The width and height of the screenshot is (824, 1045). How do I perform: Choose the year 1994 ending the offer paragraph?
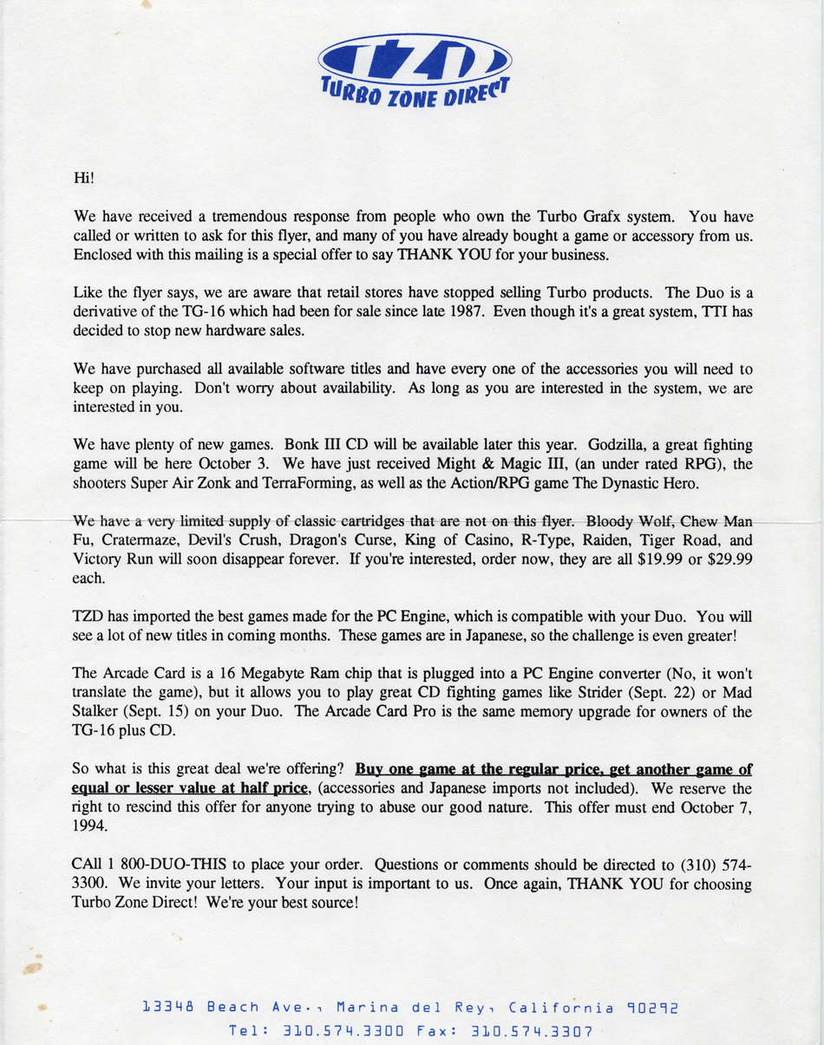point(89,826)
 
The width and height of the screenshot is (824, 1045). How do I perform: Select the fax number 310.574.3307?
point(531,1032)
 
